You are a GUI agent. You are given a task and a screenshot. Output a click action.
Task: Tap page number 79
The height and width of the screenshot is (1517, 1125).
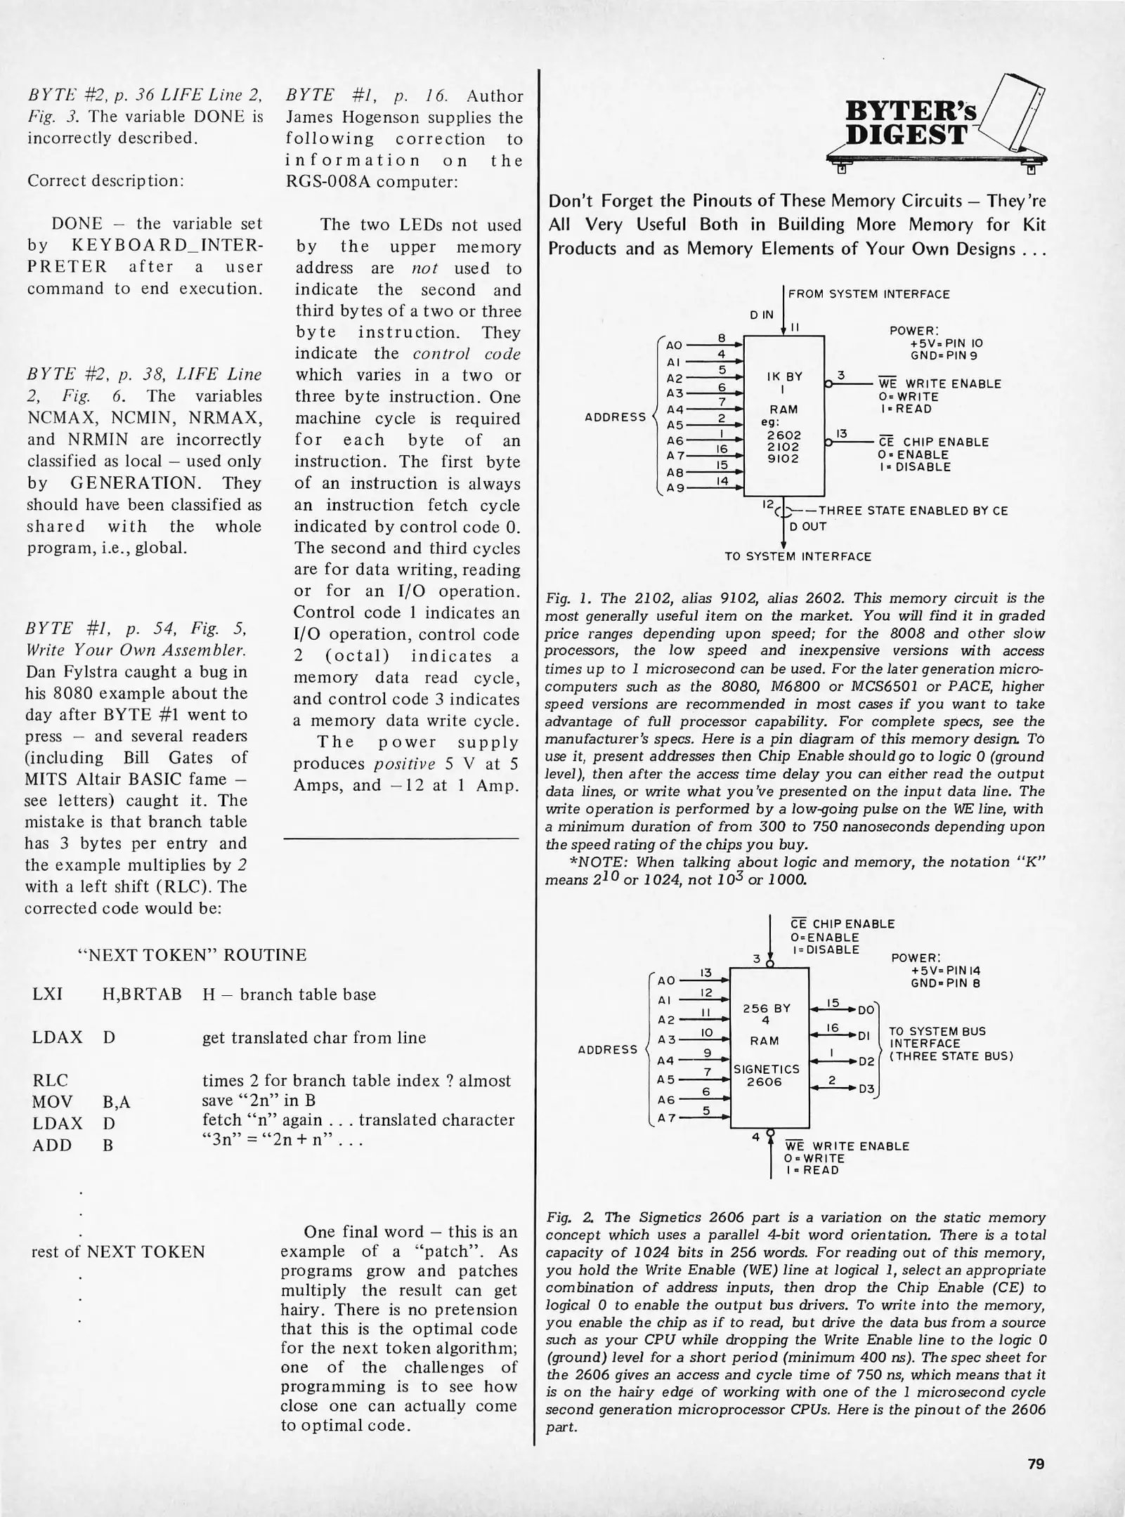pos(1036,1464)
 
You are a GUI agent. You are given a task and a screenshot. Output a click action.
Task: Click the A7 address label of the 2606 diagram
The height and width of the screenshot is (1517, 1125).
pos(665,1118)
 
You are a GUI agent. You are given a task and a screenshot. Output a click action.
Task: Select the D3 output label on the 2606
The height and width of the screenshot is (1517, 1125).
pos(866,1089)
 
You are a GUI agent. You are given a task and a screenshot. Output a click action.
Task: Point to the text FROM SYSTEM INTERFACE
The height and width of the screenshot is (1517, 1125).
pos(869,294)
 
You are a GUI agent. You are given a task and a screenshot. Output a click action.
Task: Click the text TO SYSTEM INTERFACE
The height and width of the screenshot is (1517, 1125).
pos(798,556)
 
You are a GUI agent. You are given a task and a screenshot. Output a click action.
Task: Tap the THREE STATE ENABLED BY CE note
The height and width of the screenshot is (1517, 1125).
pos(913,511)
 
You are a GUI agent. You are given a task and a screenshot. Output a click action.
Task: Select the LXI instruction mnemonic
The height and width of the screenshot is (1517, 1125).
pos(47,994)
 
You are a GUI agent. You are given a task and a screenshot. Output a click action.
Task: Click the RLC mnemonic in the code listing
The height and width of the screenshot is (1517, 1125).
pos(50,1080)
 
